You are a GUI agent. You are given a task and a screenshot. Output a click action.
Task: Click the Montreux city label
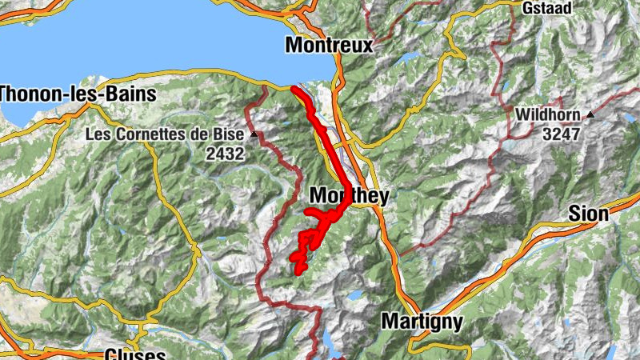pos(329,46)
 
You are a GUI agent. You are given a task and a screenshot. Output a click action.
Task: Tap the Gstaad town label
pos(548,9)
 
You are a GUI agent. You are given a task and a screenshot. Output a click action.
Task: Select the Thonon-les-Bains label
pos(78,94)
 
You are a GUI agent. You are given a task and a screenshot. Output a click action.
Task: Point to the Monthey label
pos(349,196)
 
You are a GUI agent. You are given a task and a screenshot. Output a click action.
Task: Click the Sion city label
pos(588,214)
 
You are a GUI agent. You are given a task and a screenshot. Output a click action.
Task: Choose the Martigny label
pos(422,322)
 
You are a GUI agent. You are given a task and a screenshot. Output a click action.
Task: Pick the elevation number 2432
pos(224,154)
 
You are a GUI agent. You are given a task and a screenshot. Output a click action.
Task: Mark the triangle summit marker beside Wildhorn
pos(590,115)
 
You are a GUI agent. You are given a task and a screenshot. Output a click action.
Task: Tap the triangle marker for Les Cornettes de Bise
pos(254,134)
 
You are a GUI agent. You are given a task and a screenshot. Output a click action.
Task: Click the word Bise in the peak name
pos(230,134)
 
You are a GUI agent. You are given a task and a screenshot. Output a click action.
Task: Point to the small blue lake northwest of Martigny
pos(354,295)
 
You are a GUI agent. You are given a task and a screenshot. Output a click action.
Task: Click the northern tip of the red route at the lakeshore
pos(294,89)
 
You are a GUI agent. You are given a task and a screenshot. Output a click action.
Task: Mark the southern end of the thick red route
pos(299,271)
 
